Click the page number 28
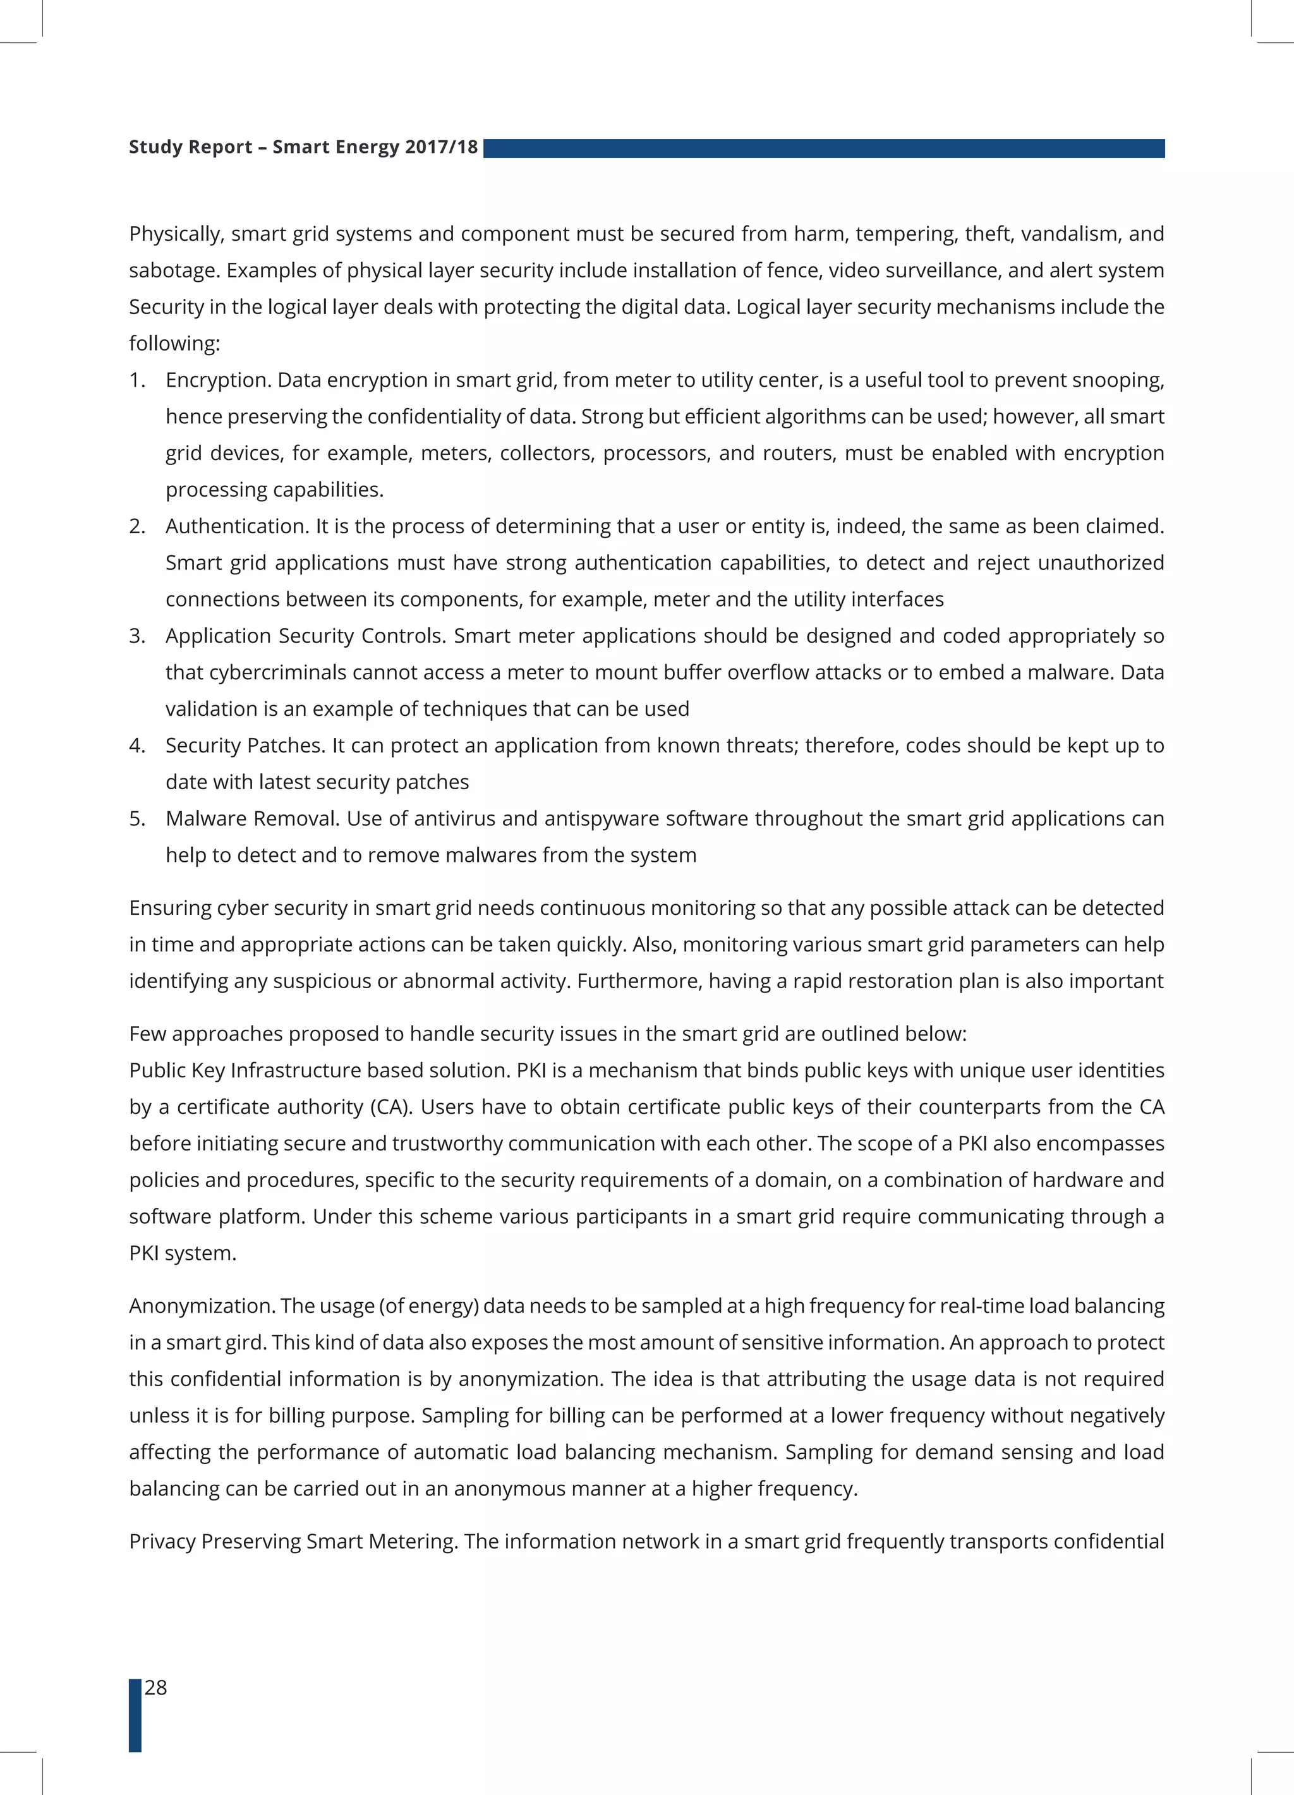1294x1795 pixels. click(x=156, y=1688)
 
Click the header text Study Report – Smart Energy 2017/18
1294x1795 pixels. click(x=303, y=147)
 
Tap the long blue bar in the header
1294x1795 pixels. click(x=823, y=148)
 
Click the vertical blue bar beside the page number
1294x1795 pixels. click(x=135, y=1714)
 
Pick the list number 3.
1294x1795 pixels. click(x=136, y=636)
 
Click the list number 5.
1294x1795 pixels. click(x=136, y=818)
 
